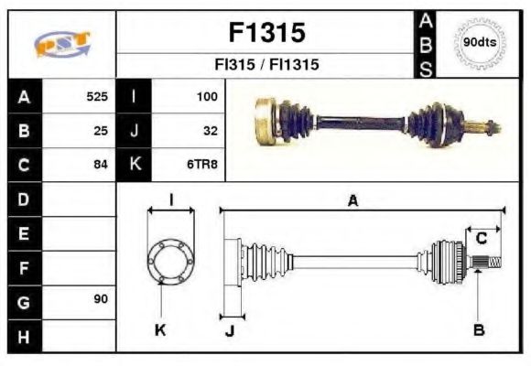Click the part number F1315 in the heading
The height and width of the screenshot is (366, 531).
265,34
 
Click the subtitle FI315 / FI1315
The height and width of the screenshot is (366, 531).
265,66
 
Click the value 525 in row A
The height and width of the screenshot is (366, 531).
97,96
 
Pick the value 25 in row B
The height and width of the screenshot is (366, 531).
101,131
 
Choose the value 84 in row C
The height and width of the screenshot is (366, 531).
101,165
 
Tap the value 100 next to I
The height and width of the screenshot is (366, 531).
207,96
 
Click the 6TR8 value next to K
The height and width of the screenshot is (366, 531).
203,165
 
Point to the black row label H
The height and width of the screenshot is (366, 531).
23,336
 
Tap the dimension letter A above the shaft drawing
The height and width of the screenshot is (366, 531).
352,200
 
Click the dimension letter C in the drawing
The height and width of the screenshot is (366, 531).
481,239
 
